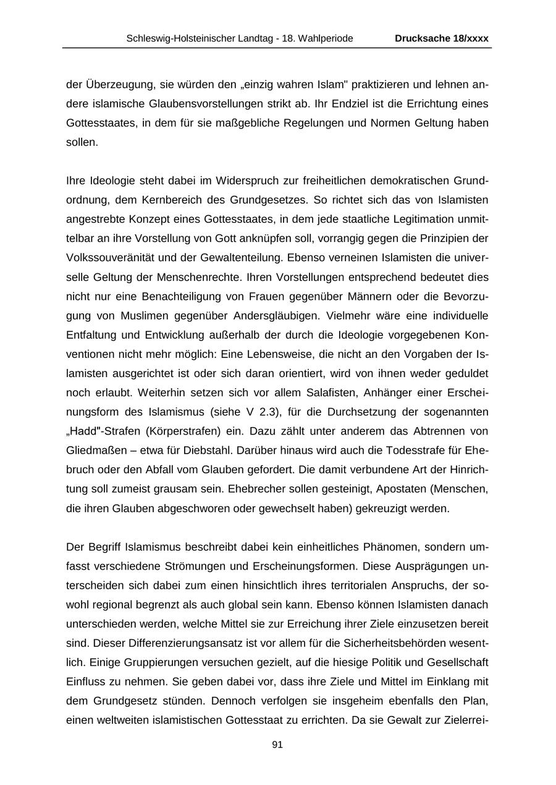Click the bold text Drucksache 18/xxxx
[x=441, y=38]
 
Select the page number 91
[x=277, y=745]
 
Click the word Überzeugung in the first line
[x=110, y=84]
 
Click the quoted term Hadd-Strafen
[x=100, y=431]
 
